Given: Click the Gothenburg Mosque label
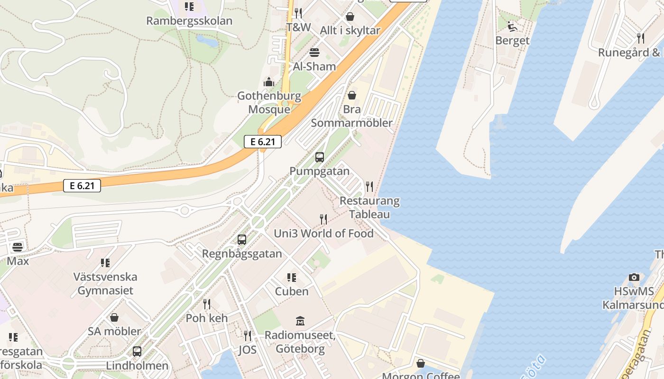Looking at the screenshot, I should (x=269, y=103).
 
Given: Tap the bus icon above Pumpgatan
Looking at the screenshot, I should (x=320, y=157).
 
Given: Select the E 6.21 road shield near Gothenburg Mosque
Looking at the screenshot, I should (x=263, y=141).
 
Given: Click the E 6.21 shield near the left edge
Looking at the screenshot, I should (x=82, y=186).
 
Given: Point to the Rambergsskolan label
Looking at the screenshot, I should (x=189, y=21).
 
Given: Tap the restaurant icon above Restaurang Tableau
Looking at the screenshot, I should (x=369, y=187).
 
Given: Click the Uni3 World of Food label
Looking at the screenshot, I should (x=324, y=233).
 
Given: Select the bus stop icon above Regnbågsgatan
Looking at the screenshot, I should (x=242, y=240).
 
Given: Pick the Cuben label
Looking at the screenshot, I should (x=292, y=291).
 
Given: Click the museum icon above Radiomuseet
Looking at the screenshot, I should (x=300, y=321).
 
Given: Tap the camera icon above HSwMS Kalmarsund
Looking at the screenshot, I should (x=634, y=277).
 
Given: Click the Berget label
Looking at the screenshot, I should (x=512, y=41).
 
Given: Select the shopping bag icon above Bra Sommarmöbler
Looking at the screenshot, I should (x=352, y=95).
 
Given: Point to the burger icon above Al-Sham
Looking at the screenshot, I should (x=314, y=53).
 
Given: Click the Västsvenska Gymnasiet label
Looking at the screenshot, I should (x=105, y=283).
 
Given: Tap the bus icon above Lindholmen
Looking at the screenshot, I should (x=137, y=352).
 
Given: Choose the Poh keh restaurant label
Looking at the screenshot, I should (x=207, y=318).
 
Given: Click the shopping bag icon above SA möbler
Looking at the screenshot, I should (x=114, y=317).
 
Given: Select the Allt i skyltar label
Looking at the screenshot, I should (x=350, y=30).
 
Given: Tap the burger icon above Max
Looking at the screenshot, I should (x=18, y=247).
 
